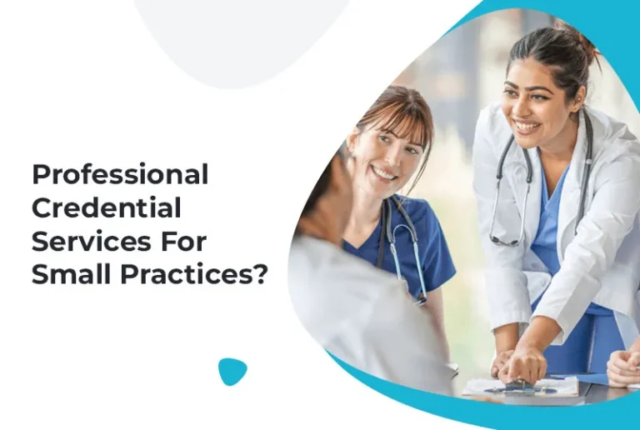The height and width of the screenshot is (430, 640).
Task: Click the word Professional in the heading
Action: coord(119,175)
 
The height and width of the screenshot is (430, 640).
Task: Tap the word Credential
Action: coord(106,207)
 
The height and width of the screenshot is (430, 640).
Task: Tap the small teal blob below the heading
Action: coord(232,371)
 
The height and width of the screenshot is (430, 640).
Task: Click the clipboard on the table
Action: coord(521,387)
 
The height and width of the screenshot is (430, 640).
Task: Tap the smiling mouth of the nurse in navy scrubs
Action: coord(385,172)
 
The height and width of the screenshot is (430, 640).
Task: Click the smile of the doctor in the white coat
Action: coord(527,127)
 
